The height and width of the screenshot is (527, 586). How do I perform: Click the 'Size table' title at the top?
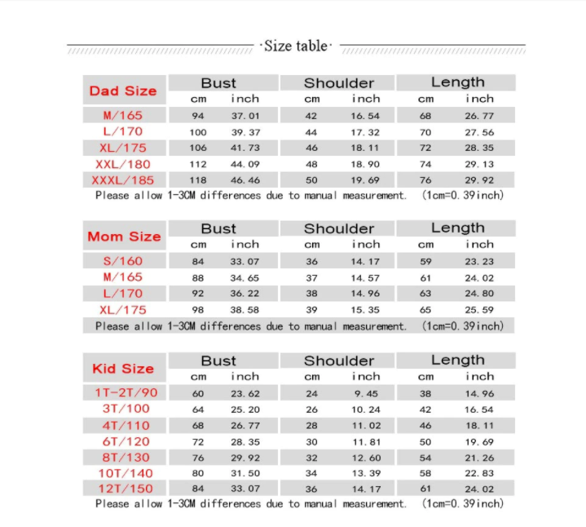(x=295, y=46)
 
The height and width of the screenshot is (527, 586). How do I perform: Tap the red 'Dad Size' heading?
(x=123, y=91)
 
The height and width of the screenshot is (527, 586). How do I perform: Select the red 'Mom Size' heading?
(x=124, y=237)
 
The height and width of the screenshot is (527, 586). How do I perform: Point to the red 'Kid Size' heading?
(x=123, y=369)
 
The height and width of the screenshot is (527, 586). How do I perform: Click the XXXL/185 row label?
(x=123, y=180)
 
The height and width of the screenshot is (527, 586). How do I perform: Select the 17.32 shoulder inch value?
(x=365, y=131)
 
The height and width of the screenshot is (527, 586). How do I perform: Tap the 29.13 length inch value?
(x=479, y=164)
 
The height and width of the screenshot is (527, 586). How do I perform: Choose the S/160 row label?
(x=123, y=261)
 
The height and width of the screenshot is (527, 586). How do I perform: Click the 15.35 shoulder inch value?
(x=365, y=310)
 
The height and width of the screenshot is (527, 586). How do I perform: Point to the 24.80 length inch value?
(x=479, y=294)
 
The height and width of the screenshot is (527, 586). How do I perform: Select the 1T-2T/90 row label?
(x=126, y=392)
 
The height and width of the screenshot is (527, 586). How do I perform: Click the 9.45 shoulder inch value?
(x=365, y=392)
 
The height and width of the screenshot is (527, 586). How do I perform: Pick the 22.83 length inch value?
(x=479, y=473)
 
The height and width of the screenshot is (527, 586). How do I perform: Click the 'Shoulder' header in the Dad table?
(x=339, y=82)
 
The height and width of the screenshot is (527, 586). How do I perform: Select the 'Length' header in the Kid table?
(x=457, y=360)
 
